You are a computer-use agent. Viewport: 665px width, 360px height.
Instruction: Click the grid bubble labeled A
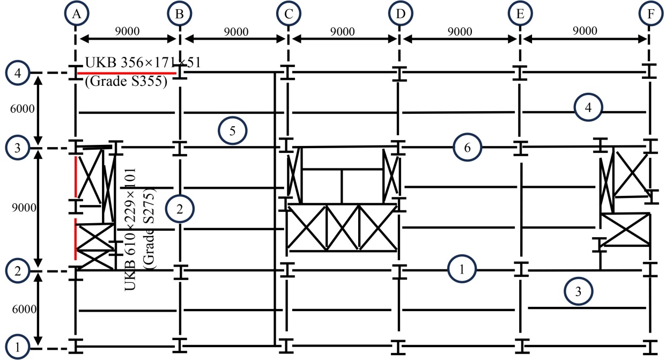pos(76,14)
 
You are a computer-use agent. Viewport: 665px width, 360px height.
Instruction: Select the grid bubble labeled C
pos(289,14)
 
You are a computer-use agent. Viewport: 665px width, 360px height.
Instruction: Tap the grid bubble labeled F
pos(651,14)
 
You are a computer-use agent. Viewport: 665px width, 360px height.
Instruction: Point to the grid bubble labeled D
pos(400,14)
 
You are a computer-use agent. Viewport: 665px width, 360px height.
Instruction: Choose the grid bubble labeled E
pos(519,14)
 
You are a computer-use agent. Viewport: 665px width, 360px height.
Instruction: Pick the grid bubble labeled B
pos(179,14)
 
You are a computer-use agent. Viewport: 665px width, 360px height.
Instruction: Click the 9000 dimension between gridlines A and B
pos(127,31)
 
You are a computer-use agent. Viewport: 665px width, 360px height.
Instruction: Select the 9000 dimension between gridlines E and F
pos(585,31)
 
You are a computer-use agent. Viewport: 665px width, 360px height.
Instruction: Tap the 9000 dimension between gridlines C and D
pos(343,31)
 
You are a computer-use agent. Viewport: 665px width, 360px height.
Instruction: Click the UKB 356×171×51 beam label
pos(143,62)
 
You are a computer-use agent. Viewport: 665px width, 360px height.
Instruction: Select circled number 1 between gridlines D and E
pos(462,269)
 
